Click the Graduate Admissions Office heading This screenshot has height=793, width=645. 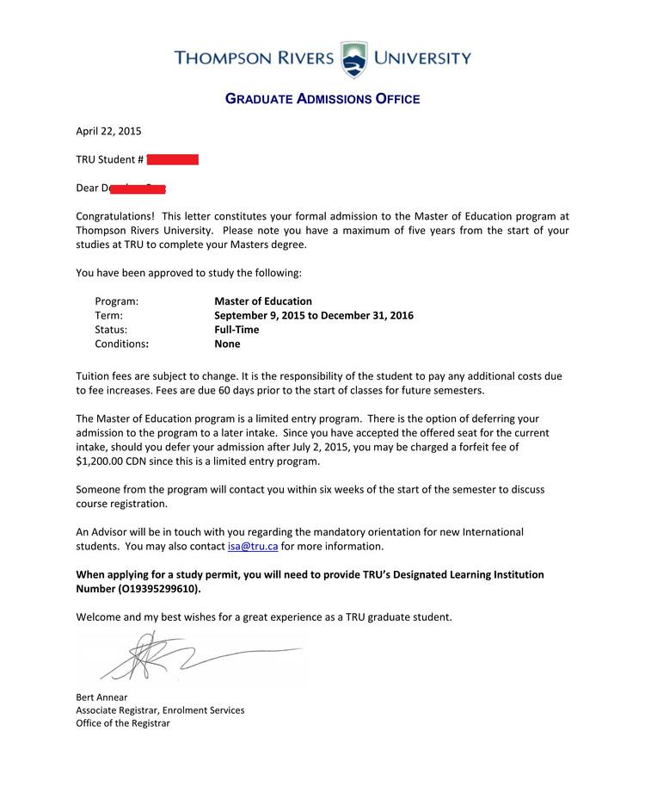322,99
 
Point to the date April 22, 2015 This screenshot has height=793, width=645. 108,132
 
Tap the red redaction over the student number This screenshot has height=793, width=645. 173,159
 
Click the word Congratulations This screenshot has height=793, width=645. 115,216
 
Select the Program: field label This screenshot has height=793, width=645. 116,301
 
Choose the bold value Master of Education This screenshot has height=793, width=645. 263,301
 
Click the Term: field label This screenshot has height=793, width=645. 109,315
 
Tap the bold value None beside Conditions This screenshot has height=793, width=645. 227,344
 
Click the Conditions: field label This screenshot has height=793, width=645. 122,344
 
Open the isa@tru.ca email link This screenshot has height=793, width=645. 252,546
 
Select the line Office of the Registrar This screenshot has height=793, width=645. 123,723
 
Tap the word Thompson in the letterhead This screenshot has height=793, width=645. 224,59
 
